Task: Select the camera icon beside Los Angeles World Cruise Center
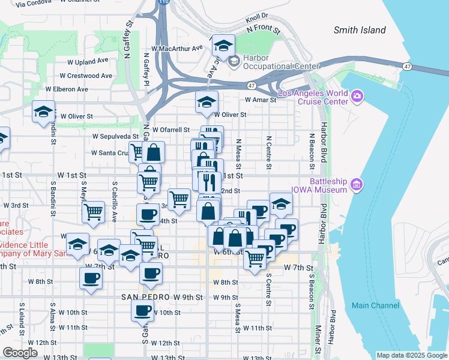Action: click(358, 95)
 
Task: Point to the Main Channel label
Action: click(375, 305)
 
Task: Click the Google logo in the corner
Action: click(20, 353)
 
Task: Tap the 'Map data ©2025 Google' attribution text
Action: click(411, 355)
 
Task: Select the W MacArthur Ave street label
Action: click(177, 48)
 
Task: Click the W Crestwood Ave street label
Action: click(86, 76)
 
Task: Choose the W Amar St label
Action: click(259, 100)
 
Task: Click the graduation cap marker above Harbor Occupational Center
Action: click(224, 46)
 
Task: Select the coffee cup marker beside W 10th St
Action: click(142, 311)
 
